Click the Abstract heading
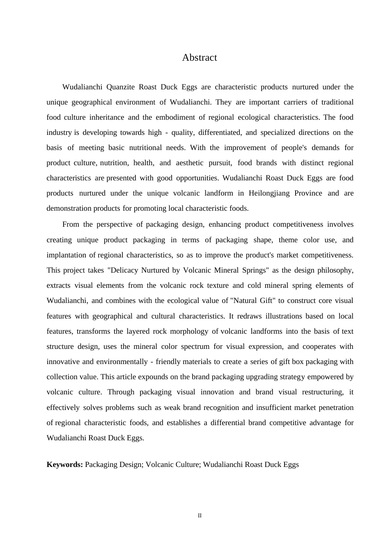[200, 58]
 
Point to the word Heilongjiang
[268, 193]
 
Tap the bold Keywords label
[65, 464]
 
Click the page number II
[200, 516]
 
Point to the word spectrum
[195, 346]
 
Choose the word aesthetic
[189, 163]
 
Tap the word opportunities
[197, 178]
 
